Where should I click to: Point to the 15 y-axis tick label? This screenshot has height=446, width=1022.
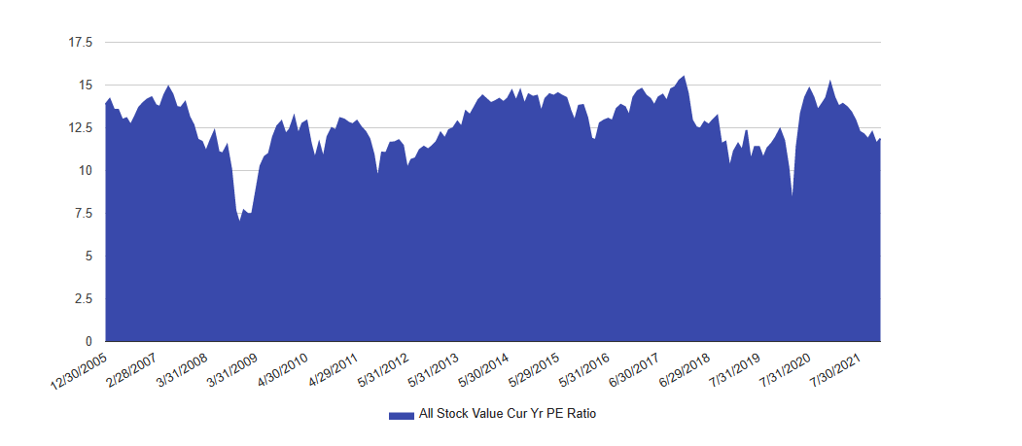pyautogui.click(x=85, y=86)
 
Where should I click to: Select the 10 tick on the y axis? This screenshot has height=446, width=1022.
pyautogui.click(x=85, y=171)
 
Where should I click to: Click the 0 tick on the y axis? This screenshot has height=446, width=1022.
pyautogui.click(x=88, y=342)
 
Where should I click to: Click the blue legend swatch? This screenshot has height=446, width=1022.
pyautogui.click(x=401, y=415)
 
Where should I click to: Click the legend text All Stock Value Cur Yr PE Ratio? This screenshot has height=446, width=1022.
pyautogui.click(x=507, y=414)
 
